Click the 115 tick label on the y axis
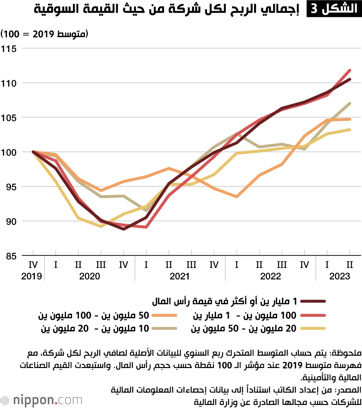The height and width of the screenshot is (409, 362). coord(10,48)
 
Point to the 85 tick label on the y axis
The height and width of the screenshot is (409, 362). coord(10,256)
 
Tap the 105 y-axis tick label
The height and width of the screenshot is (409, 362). coord(10,118)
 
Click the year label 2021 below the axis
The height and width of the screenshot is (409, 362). coord(180,277)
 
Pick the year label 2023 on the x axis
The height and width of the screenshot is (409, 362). coord(340,277)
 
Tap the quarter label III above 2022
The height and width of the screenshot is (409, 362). coord(282,265)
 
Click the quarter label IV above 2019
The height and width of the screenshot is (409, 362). coord(33,265)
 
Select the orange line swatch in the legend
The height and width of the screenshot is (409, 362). coord(164,316)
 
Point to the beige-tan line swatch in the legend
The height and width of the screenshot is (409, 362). coord(164,329)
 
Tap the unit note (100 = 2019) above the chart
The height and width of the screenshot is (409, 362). coord(45,34)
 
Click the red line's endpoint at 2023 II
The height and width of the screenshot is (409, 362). coord(350,70)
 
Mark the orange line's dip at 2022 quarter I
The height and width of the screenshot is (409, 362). coord(236,197)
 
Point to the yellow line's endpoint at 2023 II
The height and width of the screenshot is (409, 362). coord(350,129)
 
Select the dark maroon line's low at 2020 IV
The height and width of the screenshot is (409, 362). coord(123,229)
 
